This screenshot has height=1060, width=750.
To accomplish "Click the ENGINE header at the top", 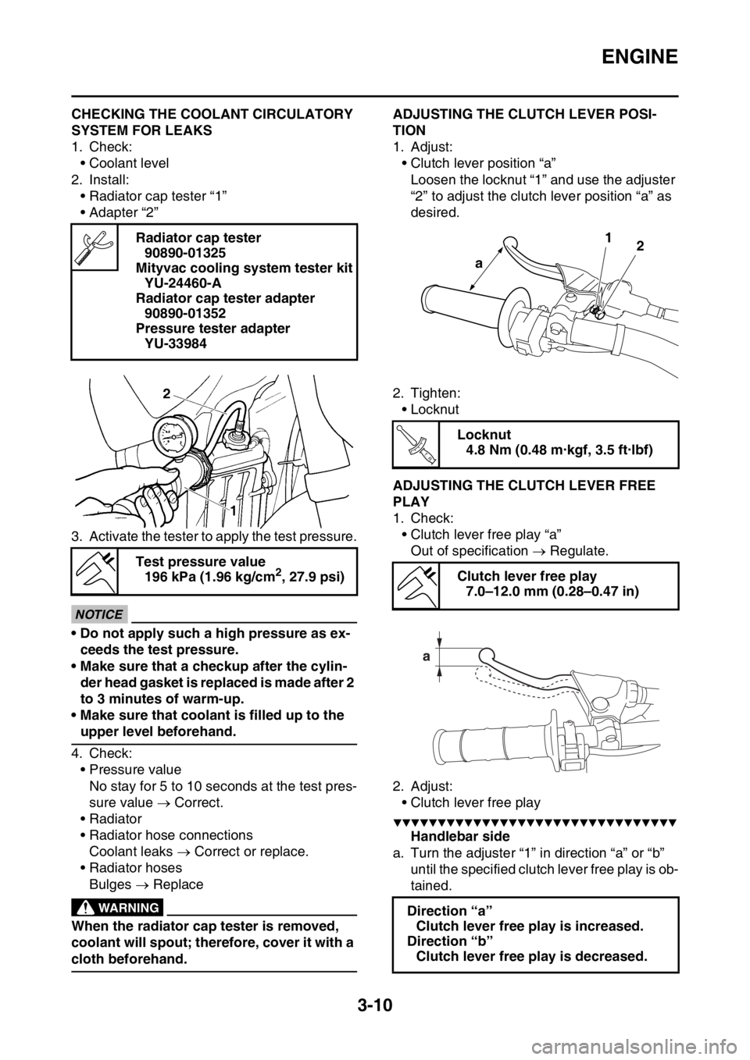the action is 640,57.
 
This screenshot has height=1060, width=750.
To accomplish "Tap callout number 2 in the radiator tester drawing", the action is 166,393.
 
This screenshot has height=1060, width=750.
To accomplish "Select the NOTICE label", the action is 100,615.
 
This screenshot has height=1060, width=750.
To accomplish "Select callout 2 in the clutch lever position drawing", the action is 640,246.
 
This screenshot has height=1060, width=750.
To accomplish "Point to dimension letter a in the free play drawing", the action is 426,657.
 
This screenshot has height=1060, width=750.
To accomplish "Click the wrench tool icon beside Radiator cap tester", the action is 95,247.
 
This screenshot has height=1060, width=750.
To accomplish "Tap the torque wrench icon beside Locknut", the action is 416,444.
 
